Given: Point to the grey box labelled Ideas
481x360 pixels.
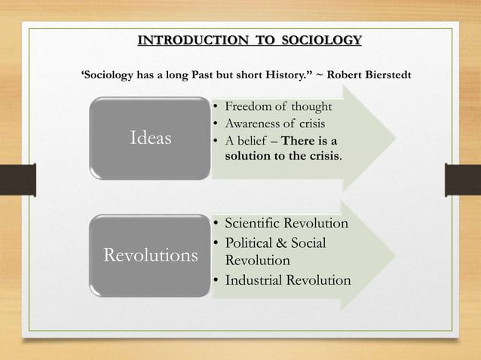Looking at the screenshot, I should tap(151, 139).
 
